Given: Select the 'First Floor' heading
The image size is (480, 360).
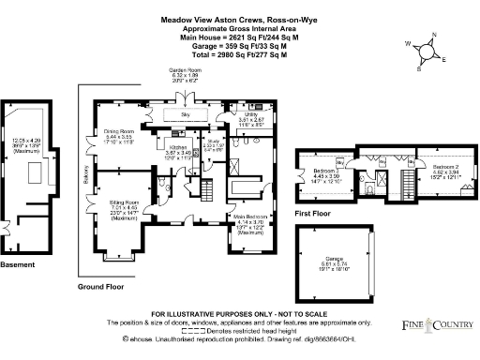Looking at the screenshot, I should click(315, 214).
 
